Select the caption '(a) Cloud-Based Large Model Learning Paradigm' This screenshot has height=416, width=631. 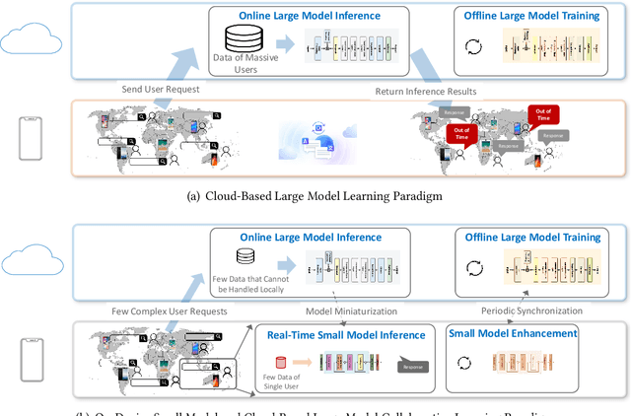(x=315, y=196)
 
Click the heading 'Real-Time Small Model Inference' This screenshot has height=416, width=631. (x=343, y=335)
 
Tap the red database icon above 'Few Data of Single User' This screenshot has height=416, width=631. (x=280, y=365)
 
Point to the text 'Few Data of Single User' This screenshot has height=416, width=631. (x=280, y=385)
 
